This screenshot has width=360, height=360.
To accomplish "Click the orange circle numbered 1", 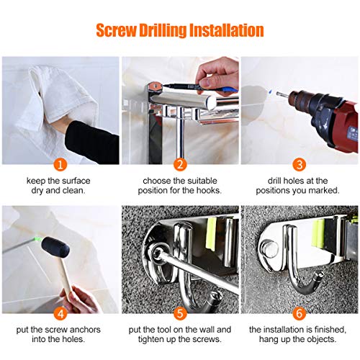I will (x=61, y=164).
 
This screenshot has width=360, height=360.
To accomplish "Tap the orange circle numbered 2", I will (x=180, y=164).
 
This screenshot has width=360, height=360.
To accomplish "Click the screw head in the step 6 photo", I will (x=273, y=248).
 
